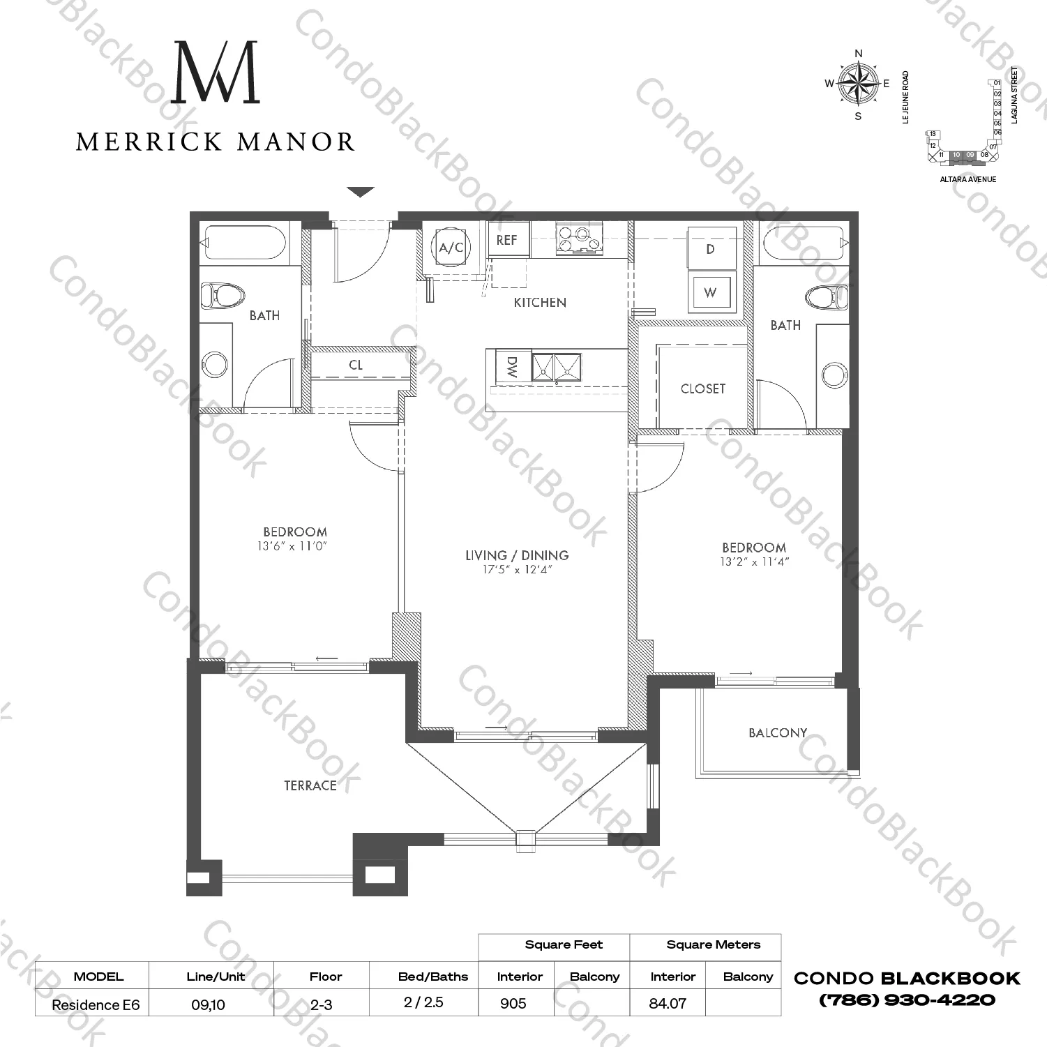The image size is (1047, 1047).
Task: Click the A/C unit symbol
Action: [x=451, y=247]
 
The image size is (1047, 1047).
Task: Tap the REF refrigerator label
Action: [x=507, y=240]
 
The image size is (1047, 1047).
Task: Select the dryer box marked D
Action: [x=710, y=249]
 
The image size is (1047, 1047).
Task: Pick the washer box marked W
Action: [x=710, y=292]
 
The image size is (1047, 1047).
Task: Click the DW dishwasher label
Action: [x=512, y=368]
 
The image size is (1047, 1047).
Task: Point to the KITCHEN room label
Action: [x=540, y=303]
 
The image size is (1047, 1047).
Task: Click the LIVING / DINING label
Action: [x=517, y=555]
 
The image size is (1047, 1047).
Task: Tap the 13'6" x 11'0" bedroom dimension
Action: [x=292, y=547]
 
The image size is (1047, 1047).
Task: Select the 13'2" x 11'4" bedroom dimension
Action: [x=754, y=562]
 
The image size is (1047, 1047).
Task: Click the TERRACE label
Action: [x=310, y=785]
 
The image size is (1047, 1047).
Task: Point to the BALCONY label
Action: [x=778, y=733]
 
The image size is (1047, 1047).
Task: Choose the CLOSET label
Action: [x=703, y=389]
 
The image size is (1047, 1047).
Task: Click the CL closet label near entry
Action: [x=356, y=365]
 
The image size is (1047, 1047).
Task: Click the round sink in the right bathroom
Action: [x=834, y=375]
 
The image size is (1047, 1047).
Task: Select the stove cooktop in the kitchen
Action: [x=578, y=239]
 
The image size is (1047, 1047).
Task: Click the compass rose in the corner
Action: [x=859, y=84]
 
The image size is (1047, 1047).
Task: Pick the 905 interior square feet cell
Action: [x=513, y=1003]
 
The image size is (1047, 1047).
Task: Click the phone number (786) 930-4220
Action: [x=907, y=1000]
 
